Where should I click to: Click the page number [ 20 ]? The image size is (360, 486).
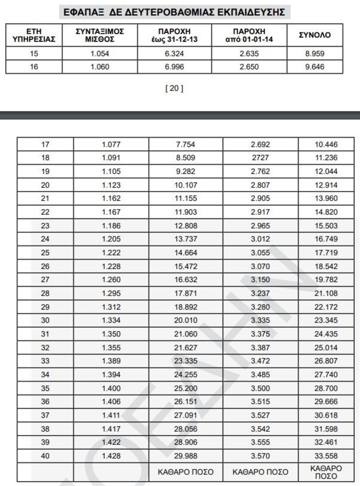pos(175,89)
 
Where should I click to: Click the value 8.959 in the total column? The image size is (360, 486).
pos(315,54)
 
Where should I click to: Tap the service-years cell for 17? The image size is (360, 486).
pos(45,145)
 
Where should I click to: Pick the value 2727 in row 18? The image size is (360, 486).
pos(261,158)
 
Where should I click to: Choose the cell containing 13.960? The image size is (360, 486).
pos(327,199)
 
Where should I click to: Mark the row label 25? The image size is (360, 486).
pos(45,253)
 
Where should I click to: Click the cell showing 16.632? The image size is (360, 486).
pos(185,280)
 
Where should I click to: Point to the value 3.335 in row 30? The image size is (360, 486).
pos(261,334)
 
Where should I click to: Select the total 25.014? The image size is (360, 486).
pos(327,361)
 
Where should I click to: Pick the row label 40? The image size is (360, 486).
pos(45,456)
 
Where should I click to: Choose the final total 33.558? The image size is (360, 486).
pos(327,456)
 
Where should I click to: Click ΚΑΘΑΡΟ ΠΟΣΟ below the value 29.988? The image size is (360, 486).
pos(185,472)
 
